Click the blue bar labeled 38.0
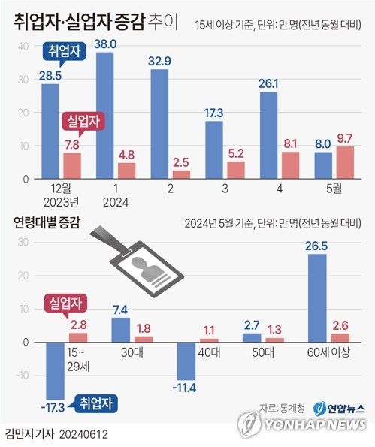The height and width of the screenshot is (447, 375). pyautogui.click(x=106, y=116)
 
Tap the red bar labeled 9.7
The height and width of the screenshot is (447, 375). pyautogui.click(x=346, y=162)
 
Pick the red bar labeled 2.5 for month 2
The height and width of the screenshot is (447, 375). pyautogui.click(x=181, y=174)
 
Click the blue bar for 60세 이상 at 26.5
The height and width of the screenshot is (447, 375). pyautogui.click(x=316, y=298)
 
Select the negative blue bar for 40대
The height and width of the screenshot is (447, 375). pyautogui.click(x=186, y=361)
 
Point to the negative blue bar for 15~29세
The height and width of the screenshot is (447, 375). pyautogui.click(x=55, y=370)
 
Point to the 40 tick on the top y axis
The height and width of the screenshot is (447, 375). pyautogui.click(x=23, y=46)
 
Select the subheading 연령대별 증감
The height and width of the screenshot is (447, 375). pyautogui.click(x=47, y=222)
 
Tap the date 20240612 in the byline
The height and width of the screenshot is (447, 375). pyautogui.click(x=78, y=434)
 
